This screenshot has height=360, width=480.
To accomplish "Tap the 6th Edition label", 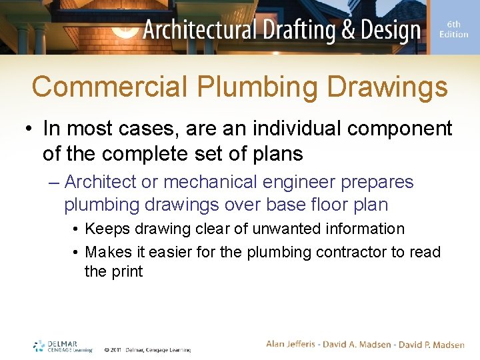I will [453, 29].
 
